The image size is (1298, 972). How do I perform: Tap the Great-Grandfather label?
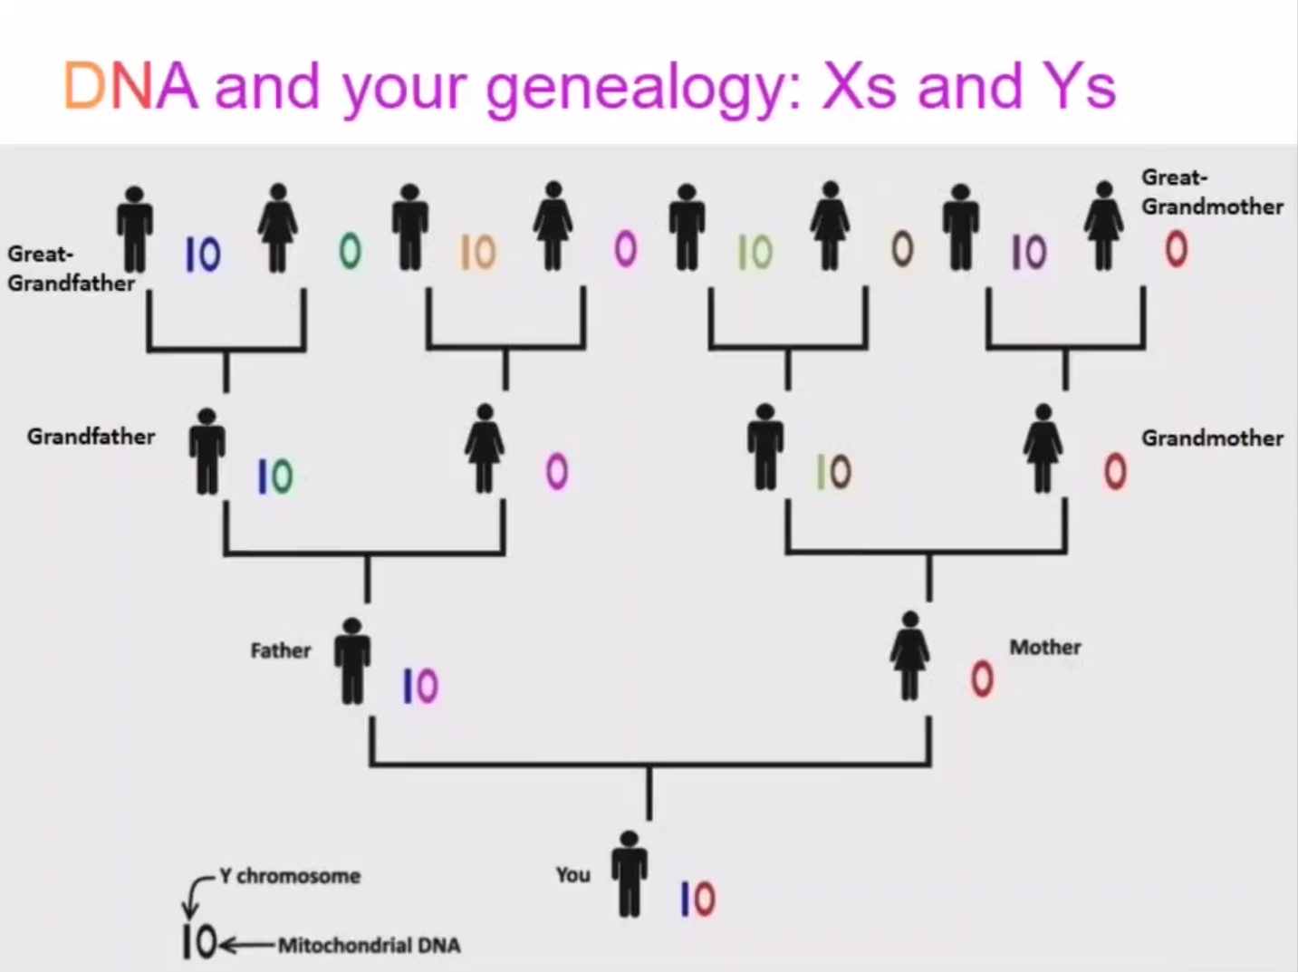[x=71, y=269]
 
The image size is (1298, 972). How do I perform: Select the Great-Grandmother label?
[x=1211, y=192]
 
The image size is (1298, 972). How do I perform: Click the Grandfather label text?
[x=91, y=437]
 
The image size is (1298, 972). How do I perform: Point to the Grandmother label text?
[x=1212, y=438]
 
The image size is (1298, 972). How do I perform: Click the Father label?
[x=281, y=650]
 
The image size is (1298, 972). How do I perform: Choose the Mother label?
[x=1045, y=647]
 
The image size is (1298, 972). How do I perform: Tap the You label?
[x=572, y=874]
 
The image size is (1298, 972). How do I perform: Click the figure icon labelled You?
[x=630, y=874]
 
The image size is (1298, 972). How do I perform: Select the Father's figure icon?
[x=352, y=661]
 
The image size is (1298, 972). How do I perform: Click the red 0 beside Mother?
[x=982, y=678]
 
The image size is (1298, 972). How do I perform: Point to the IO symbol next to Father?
[x=420, y=687]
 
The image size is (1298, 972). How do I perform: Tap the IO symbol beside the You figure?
[x=697, y=899]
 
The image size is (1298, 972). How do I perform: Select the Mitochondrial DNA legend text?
[x=369, y=945]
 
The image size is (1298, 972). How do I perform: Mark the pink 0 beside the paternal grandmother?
[x=557, y=472]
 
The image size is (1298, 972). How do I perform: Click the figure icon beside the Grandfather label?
[x=207, y=450]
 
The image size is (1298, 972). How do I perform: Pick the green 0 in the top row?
[x=351, y=251]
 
